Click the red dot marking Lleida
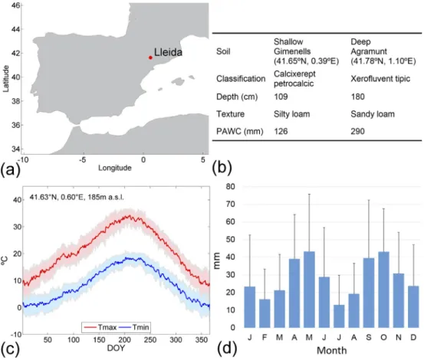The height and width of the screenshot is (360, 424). click(x=150, y=57)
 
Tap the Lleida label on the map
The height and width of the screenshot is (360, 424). click(x=168, y=52)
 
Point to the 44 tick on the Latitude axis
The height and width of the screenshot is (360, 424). click(x=16, y=29)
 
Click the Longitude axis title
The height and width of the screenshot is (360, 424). click(x=115, y=168)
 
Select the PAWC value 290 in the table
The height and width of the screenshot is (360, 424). click(x=357, y=132)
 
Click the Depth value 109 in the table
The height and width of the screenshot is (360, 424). click(x=281, y=97)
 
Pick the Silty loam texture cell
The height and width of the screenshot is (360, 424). click(x=292, y=114)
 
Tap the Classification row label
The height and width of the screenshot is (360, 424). click(x=241, y=79)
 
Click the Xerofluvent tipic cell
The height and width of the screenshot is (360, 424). click(x=380, y=79)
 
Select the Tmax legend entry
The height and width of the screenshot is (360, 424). click(x=100, y=327)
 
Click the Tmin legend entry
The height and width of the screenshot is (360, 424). click(x=134, y=327)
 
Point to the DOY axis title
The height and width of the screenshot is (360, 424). click(x=116, y=348)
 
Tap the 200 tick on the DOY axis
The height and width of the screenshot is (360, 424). click(x=125, y=340)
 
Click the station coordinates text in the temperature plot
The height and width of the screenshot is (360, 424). click(x=77, y=197)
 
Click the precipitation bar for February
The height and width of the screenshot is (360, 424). click(x=265, y=313)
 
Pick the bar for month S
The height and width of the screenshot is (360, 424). click(x=369, y=293)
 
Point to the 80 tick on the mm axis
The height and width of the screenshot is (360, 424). click(x=230, y=187)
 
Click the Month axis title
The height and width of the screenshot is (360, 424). click(x=331, y=351)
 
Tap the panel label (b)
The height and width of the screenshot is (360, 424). click(x=222, y=168)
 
